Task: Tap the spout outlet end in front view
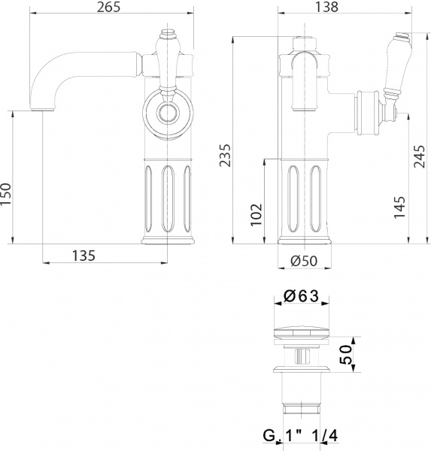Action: click(42, 107)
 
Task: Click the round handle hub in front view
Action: click(166, 114)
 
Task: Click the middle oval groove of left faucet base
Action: click(166, 197)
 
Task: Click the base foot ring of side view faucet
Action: click(305, 241)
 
